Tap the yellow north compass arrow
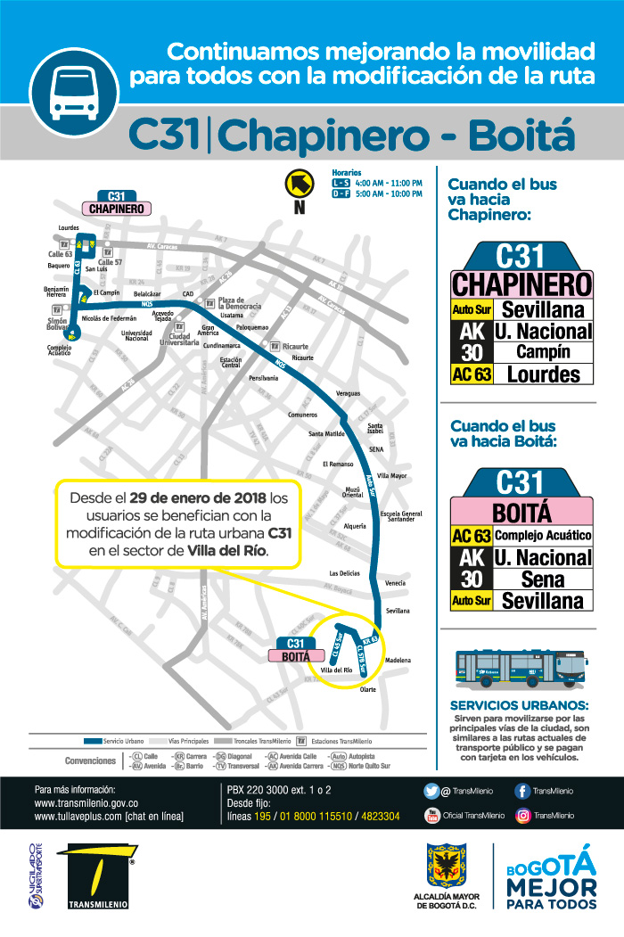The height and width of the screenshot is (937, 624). pyautogui.click(x=299, y=184)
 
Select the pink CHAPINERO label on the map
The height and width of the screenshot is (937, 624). pyautogui.click(x=116, y=209)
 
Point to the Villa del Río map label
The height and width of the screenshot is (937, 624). pyautogui.click(x=336, y=670)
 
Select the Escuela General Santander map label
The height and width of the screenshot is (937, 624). pyautogui.click(x=400, y=516)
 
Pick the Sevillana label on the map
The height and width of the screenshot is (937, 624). pyautogui.click(x=398, y=611)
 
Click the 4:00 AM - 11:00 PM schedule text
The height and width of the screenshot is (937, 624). pyautogui.click(x=389, y=183)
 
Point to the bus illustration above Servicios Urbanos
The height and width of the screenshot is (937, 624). pyautogui.click(x=523, y=669)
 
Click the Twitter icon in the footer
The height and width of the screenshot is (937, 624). pyautogui.click(x=432, y=791)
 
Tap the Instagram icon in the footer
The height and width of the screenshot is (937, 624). pyautogui.click(x=523, y=815)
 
